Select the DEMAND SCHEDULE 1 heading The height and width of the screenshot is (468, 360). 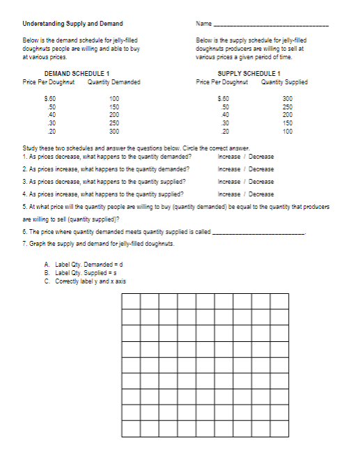[77, 74]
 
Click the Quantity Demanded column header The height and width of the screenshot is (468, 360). [114, 82]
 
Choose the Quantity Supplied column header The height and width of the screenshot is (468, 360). [284, 82]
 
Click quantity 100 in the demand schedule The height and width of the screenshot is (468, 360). [114, 99]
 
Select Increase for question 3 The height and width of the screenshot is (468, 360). [229, 181]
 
